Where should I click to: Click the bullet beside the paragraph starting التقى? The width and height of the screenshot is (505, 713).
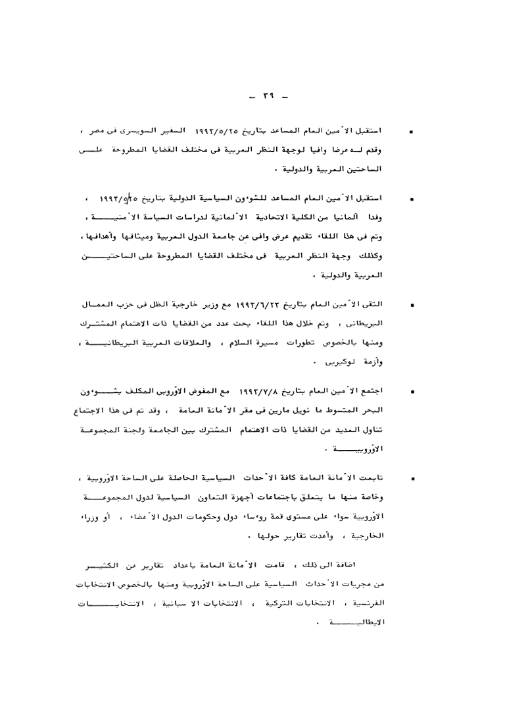pyautogui.click(x=412, y=287)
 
